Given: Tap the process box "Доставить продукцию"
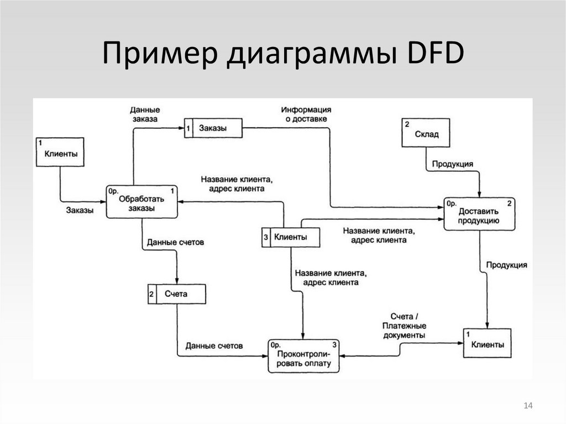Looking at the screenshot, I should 479,214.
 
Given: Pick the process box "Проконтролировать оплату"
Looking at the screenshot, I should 304,355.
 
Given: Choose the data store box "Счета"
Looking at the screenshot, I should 176,294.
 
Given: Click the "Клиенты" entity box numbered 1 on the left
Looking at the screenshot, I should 60,152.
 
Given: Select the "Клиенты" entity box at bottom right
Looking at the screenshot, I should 487,345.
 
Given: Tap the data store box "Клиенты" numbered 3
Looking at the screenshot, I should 290,237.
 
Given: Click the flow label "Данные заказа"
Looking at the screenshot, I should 145,114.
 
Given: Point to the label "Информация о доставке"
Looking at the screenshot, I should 306,114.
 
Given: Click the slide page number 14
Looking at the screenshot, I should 527,407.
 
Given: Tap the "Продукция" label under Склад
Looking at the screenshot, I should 452,164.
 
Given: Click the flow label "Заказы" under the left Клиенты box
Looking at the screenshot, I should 80,210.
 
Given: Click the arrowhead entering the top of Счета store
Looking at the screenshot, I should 176,281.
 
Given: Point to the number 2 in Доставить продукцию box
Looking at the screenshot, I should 509,203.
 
